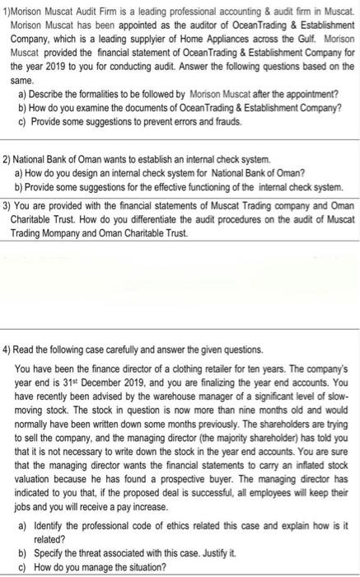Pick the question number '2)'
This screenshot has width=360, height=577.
pyautogui.click(x=8, y=157)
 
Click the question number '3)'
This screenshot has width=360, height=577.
pyautogui.click(x=8, y=204)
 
